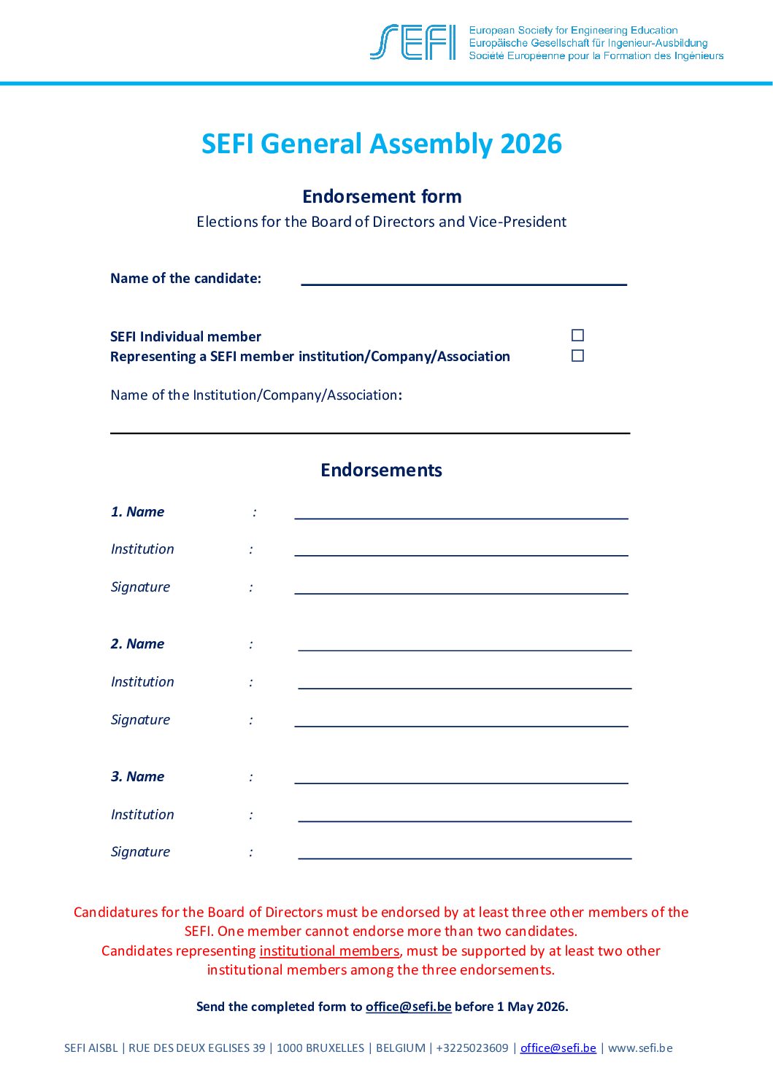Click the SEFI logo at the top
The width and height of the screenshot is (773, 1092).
click(x=413, y=42)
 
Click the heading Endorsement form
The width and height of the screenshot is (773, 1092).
click(x=382, y=196)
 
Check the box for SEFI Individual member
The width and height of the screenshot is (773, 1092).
click(x=577, y=336)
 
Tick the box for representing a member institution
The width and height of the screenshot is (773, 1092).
click(x=577, y=356)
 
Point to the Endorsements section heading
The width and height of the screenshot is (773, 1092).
click(x=381, y=470)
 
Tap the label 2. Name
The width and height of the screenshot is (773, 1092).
click(x=137, y=644)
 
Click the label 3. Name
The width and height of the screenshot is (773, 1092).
click(x=137, y=777)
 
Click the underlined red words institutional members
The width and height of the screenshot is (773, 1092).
click(x=329, y=950)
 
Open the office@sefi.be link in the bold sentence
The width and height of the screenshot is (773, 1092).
click(x=408, y=1007)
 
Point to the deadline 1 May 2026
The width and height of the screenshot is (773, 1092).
click(x=531, y=1007)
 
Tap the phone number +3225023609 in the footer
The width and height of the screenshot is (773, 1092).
click(x=472, y=1048)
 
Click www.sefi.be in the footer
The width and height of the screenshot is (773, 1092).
click(x=640, y=1048)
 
